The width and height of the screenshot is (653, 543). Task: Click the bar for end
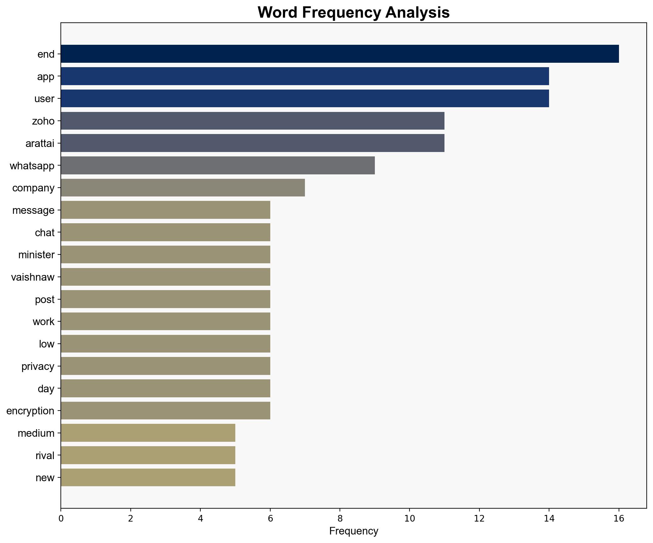(340, 54)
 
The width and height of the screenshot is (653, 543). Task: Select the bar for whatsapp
(218, 166)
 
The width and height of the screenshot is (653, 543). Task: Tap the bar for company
(183, 188)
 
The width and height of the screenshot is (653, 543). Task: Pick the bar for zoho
(252, 121)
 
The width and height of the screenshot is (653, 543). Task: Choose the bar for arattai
(252, 143)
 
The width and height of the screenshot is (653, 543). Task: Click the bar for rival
(148, 455)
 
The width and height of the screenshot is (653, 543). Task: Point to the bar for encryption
(165, 411)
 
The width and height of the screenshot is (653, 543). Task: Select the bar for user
(305, 98)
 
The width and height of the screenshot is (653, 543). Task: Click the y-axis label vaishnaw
(33, 277)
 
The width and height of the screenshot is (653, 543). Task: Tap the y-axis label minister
(36, 255)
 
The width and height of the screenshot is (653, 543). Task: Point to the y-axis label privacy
(38, 366)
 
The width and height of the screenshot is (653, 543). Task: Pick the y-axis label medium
(36, 433)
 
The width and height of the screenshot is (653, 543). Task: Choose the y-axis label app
(46, 77)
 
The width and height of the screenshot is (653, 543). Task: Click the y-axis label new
(45, 478)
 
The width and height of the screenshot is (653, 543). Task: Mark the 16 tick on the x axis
(619, 518)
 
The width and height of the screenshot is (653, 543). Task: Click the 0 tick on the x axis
(61, 518)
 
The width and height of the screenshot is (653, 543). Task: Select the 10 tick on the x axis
(410, 518)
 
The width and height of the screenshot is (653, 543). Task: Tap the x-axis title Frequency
(353, 531)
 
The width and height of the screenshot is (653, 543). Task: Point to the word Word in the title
(277, 13)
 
